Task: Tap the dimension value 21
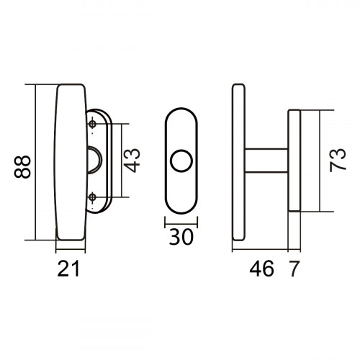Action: [x=68, y=269]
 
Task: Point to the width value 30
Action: [x=181, y=237]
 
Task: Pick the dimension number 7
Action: [x=294, y=269]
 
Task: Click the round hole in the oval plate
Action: [x=181, y=161]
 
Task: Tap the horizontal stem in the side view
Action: [x=266, y=161]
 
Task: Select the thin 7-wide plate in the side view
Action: [x=294, y=161]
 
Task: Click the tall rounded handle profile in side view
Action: [x=239, y=162]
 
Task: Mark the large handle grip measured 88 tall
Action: [x=70, y=162]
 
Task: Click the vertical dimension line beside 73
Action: [x=317, y=161]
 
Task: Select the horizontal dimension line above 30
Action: [x=181, y=225]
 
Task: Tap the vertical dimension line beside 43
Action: [x=124, y=161]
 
